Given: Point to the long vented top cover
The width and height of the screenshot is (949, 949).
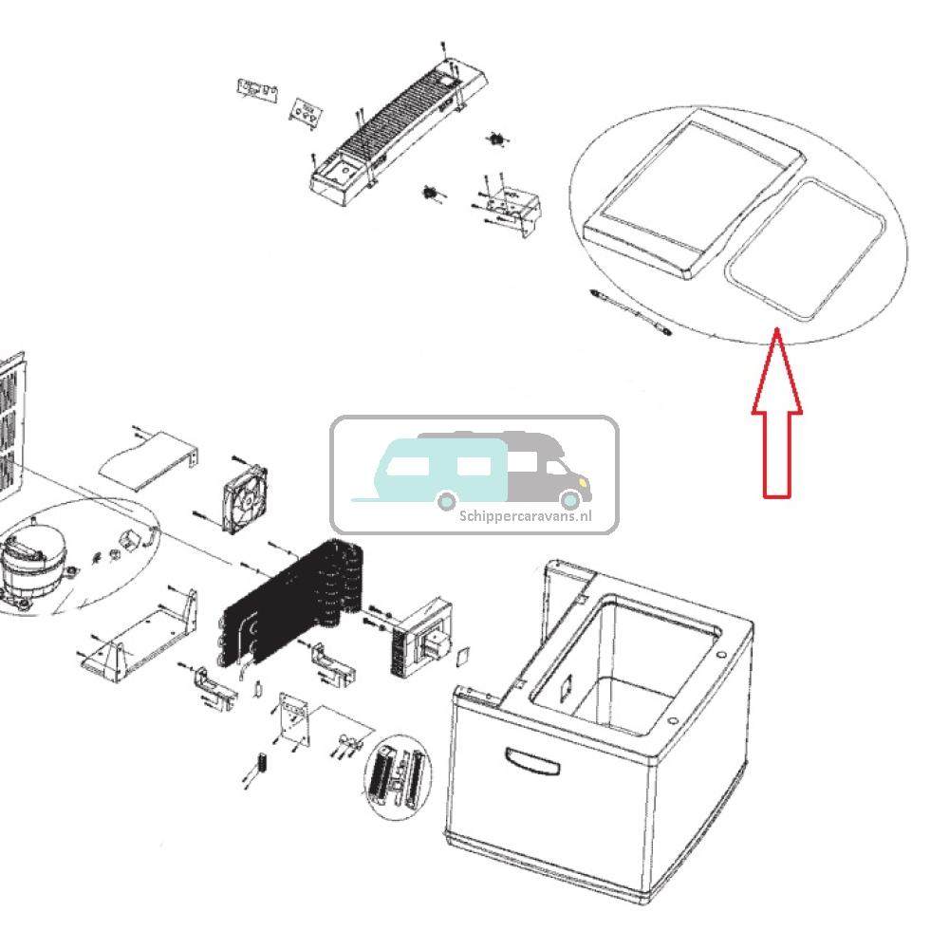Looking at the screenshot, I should coord(389,133).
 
